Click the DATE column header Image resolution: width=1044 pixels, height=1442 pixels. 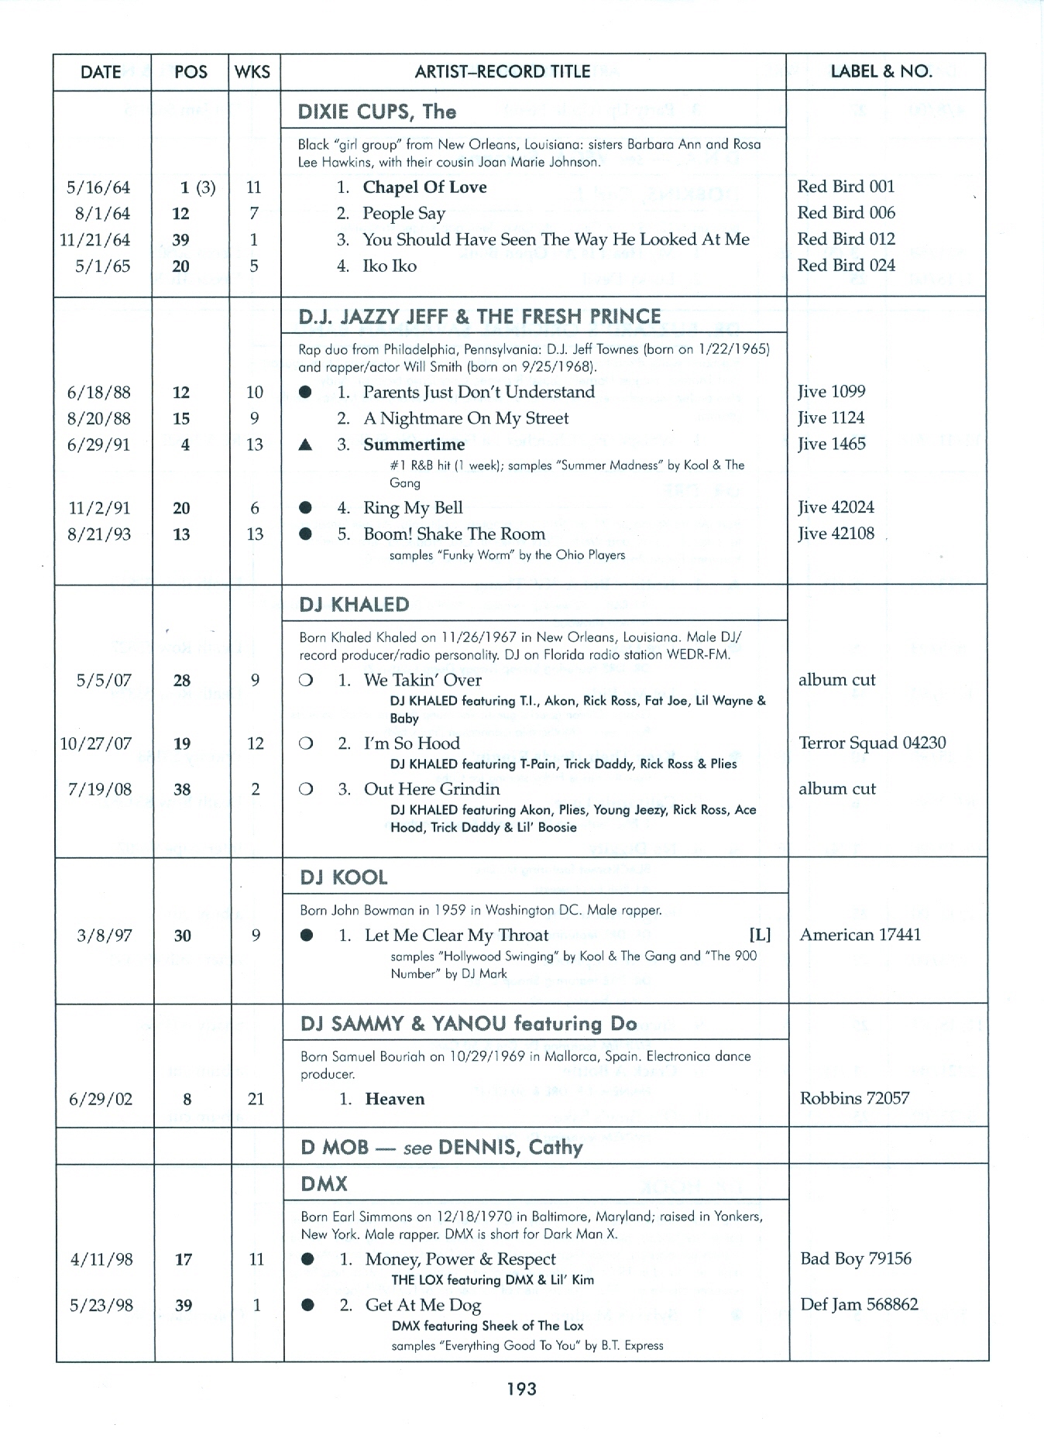101,72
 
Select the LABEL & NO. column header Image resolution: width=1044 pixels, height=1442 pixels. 881,72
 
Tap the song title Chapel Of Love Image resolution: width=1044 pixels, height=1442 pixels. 424,187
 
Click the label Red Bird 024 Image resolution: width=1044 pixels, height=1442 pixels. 846,266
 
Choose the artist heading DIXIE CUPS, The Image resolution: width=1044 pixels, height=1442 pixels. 377,112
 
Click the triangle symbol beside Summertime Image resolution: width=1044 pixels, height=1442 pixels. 306,445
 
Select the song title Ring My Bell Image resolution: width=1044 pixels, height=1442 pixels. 413,508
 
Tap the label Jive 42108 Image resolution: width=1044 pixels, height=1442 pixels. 836,534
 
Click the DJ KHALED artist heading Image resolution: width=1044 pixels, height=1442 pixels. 354,604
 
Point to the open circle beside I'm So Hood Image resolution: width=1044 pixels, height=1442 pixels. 306,743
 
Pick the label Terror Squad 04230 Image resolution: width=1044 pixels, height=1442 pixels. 872,743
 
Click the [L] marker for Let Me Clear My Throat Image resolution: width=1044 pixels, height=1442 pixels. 760,935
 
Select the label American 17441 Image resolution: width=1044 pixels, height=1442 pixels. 860,935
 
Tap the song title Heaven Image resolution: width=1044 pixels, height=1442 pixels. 394,1099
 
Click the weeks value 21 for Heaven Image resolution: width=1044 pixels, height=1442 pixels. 256,1099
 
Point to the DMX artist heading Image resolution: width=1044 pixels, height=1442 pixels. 324,1184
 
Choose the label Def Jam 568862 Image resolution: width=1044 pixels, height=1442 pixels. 859,1304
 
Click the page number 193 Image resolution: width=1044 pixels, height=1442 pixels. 521,1389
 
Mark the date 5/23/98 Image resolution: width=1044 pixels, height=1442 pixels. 101,1305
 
